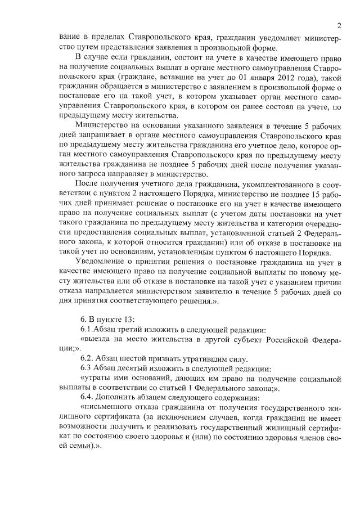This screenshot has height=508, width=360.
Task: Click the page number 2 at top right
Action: coord(340,25)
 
